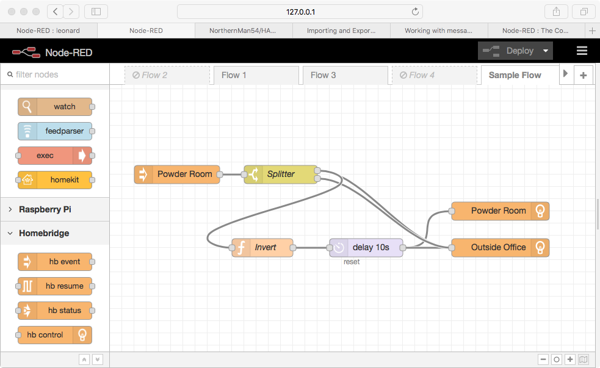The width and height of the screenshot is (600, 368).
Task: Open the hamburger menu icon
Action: (582, 51)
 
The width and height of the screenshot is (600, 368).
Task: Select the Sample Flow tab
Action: (515, 75)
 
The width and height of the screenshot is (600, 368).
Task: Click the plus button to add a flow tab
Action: (584, 75)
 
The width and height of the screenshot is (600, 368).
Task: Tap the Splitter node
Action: (281, 174)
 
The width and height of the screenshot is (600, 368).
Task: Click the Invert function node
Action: (262, 247)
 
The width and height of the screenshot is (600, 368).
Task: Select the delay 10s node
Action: (366, 247)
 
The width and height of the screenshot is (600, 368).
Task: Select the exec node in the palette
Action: (55, 156)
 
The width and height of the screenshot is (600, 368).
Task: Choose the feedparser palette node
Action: (55, 131)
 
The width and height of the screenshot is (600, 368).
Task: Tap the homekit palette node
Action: (55, 180)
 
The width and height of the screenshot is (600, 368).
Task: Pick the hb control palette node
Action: (55, 335)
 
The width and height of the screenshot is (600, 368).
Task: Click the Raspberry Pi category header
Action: (45, 209)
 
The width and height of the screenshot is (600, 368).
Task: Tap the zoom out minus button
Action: (543, 359)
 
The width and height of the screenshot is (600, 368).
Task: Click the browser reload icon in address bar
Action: (415, 12)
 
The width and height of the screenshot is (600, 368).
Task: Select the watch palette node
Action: (55, 107)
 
